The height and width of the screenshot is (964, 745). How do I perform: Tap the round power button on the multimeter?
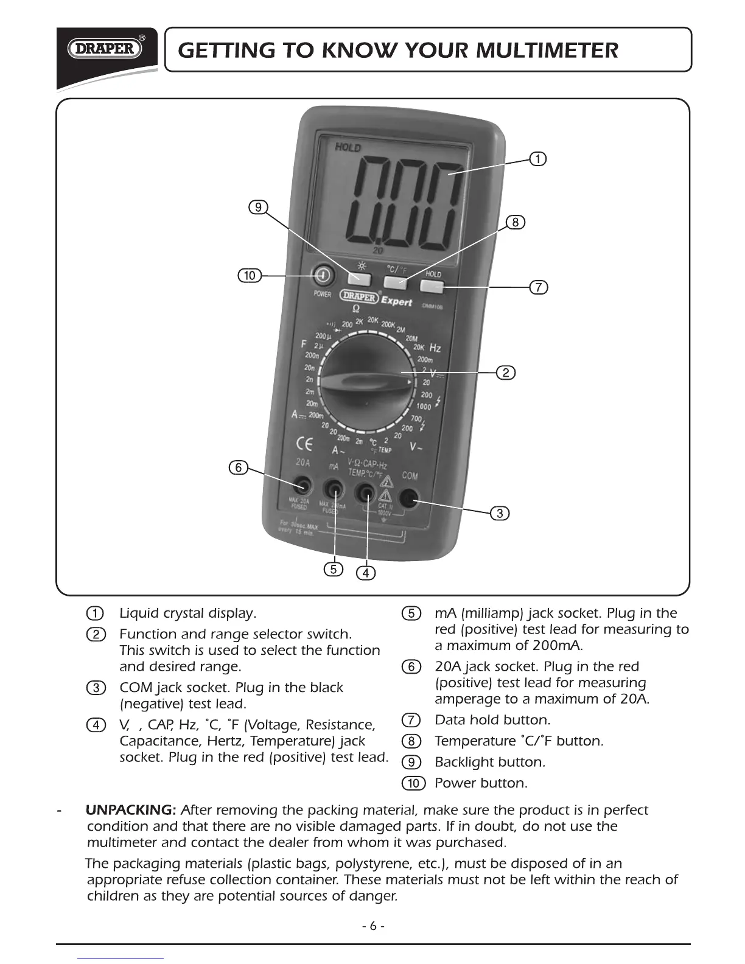click(x=321, y=276)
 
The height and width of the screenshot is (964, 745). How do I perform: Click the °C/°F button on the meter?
click(x=396, y=282)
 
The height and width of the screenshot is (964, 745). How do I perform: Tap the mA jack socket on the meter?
click(x=333, y=489)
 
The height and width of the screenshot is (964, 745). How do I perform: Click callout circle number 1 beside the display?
click(x=537, y=159)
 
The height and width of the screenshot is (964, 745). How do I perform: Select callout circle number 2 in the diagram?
click(x=505, y=372)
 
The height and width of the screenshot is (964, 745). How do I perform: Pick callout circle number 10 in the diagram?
click(x=249, y=276)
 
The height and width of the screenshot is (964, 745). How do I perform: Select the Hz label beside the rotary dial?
click(x=435, y=348)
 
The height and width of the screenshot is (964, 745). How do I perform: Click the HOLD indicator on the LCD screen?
click(x=348, y=147)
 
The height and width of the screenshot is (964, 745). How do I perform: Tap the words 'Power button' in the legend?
click(x=481, y=783)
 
